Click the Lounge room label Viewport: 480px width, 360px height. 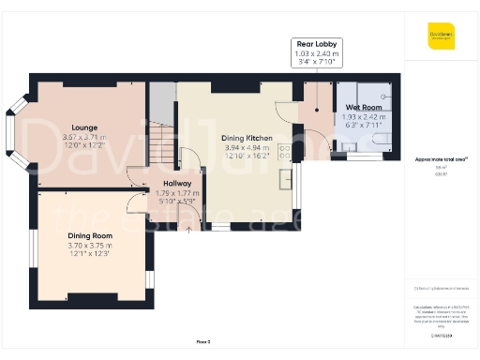point(84,127)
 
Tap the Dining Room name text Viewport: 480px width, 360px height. point(89,236)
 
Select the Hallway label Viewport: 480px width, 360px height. point(177,183)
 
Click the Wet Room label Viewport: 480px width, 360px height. point(355,108)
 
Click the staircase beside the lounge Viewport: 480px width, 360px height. point(163,141)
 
